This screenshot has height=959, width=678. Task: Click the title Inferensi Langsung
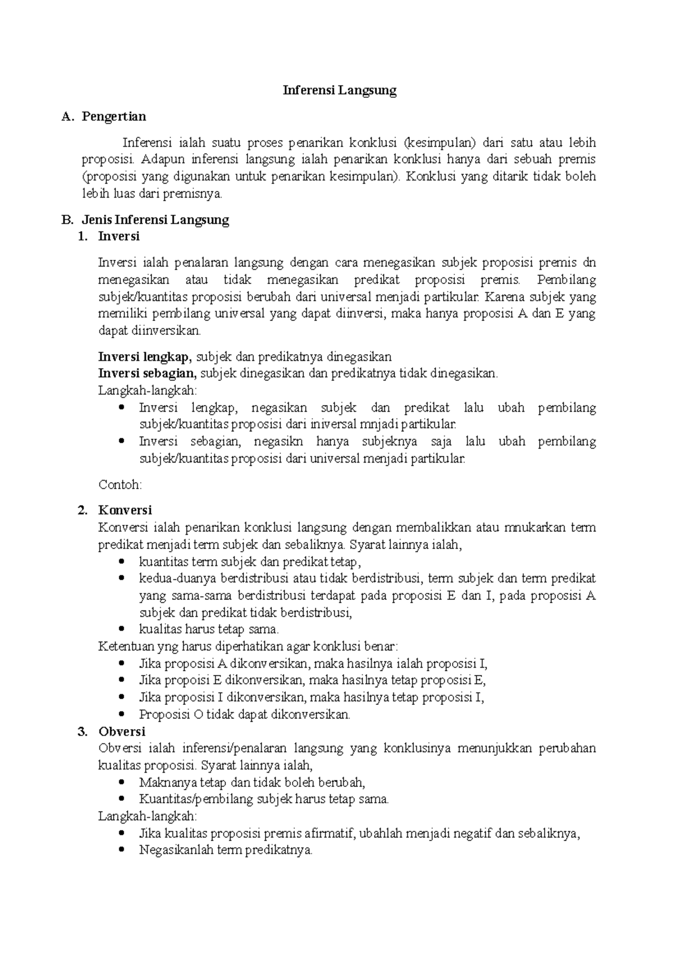click(x=340, y=90)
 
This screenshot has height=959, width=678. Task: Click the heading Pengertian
click(x=114, y=117)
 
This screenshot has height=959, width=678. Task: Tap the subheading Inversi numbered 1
click(x=119, y=236)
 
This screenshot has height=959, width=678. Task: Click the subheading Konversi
click(x=125, y=510)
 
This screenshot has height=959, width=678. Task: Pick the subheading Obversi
click(x=121, y=731)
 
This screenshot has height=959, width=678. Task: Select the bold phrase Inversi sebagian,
click(x=147, y=373)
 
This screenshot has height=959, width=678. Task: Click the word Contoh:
click(x=120, y=485)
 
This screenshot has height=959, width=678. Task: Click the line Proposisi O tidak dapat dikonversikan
click(x=245, y=714)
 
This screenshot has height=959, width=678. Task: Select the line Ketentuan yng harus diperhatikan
click(x=248, y=646)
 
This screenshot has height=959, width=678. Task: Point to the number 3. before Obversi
click(x=82, y=731)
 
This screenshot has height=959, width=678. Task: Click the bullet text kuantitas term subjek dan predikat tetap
click(x=249, y=562)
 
